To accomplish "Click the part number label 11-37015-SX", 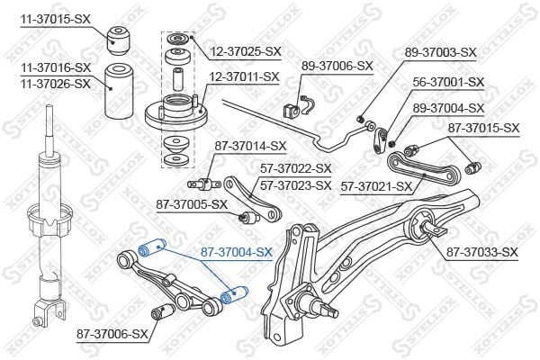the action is point(56,19).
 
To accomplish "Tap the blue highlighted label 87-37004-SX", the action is point(237,252).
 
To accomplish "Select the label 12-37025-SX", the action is point(246,51).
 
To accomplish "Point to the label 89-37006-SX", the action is point(337,66).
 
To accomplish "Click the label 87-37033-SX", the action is point(482,252).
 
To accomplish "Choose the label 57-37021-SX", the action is point(376,186).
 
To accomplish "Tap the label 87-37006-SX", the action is point(112,334).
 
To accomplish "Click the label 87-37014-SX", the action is point(250,146).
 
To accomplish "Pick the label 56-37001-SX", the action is point(448,82).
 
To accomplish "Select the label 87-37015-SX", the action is point(483,128).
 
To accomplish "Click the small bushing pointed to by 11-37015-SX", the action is point(118,40).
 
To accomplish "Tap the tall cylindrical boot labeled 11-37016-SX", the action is point(119,91).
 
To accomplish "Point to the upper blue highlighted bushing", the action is point(152,247).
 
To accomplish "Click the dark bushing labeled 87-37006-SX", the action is point(164,311).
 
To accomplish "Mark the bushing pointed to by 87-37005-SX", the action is point(249,218).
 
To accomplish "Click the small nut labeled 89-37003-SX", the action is point(360,119).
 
